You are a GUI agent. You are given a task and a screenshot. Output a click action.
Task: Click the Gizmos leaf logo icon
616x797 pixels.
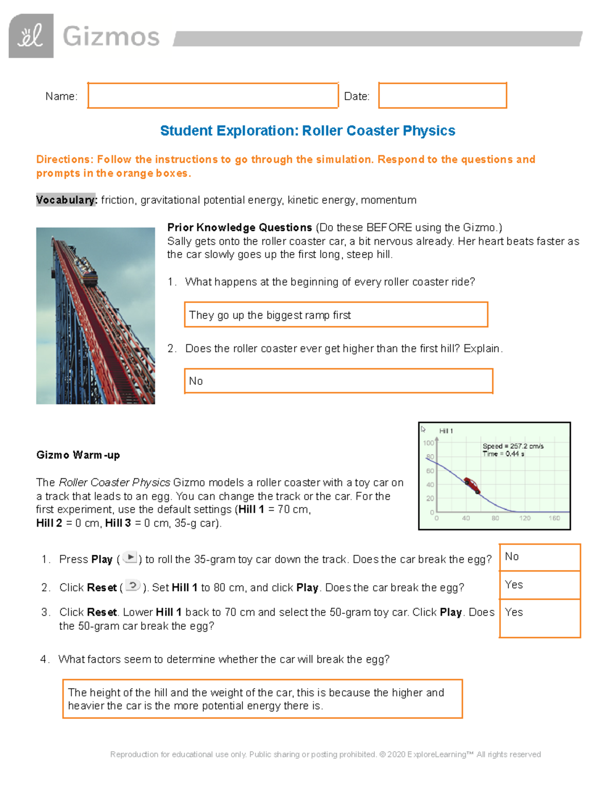(x=31, y=36)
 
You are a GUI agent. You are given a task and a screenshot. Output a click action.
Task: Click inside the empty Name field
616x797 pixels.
(x=213, y=95)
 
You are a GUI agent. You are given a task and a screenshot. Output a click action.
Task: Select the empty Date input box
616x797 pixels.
(x=442, y=95)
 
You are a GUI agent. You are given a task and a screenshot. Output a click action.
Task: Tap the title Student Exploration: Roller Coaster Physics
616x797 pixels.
(x=307, y=131)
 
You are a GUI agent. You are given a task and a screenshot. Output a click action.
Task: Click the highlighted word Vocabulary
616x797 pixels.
(x=66, y=200)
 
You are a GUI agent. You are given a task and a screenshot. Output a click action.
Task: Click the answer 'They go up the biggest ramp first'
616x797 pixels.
(x=269, y=315)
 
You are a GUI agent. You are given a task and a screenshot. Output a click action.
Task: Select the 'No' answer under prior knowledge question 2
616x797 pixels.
(x=196, y=381)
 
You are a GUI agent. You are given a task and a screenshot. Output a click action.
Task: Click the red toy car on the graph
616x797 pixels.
(x=471, y=484)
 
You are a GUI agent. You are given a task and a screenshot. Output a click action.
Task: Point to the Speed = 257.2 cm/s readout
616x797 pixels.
(x=512, y=446)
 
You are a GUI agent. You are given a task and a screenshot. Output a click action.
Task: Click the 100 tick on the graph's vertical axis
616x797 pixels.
(x=428, y=442)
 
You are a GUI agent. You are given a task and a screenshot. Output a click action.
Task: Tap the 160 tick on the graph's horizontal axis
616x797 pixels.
(x=554, y=518)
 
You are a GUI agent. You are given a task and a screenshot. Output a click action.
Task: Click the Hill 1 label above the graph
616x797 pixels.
(x=446, y=431)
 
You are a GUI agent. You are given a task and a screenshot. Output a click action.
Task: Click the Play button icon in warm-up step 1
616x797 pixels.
(x=130, y=557)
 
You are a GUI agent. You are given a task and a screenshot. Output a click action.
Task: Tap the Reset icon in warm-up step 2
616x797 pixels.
(x=132, y=586)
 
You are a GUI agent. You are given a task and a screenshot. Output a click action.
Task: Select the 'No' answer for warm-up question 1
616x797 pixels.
(x=512, y=557)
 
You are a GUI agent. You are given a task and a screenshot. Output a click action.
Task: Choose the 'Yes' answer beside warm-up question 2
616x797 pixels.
(x=514, y=585)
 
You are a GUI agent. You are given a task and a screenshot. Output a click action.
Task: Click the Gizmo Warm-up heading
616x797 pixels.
(x=78, y=455)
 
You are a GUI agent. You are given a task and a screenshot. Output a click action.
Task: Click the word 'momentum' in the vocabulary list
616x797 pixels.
(x=389, y=200)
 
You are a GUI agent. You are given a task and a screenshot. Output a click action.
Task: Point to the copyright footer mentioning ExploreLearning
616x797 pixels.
(x=325, y=754)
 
